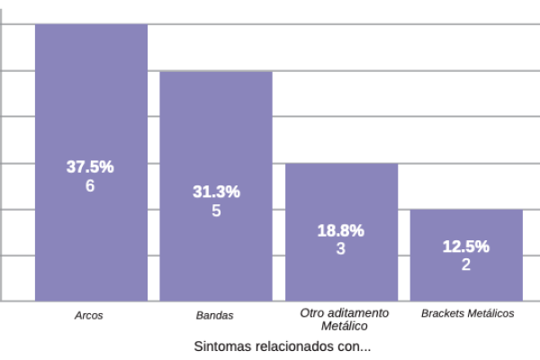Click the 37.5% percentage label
(x=90, y=167)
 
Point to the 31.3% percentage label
(x=216, y=192)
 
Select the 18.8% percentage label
(x=341, y=230)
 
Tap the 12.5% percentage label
(x=466, y=247)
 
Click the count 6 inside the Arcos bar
(x=90, y=186)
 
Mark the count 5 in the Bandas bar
(x=216, y=211)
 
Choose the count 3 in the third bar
(x=341, y=248)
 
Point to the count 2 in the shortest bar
(x=466, y=265)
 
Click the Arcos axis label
(x=88, y=316)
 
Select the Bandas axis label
(x=214, y=316)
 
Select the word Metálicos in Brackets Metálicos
(x=489, y=313)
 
